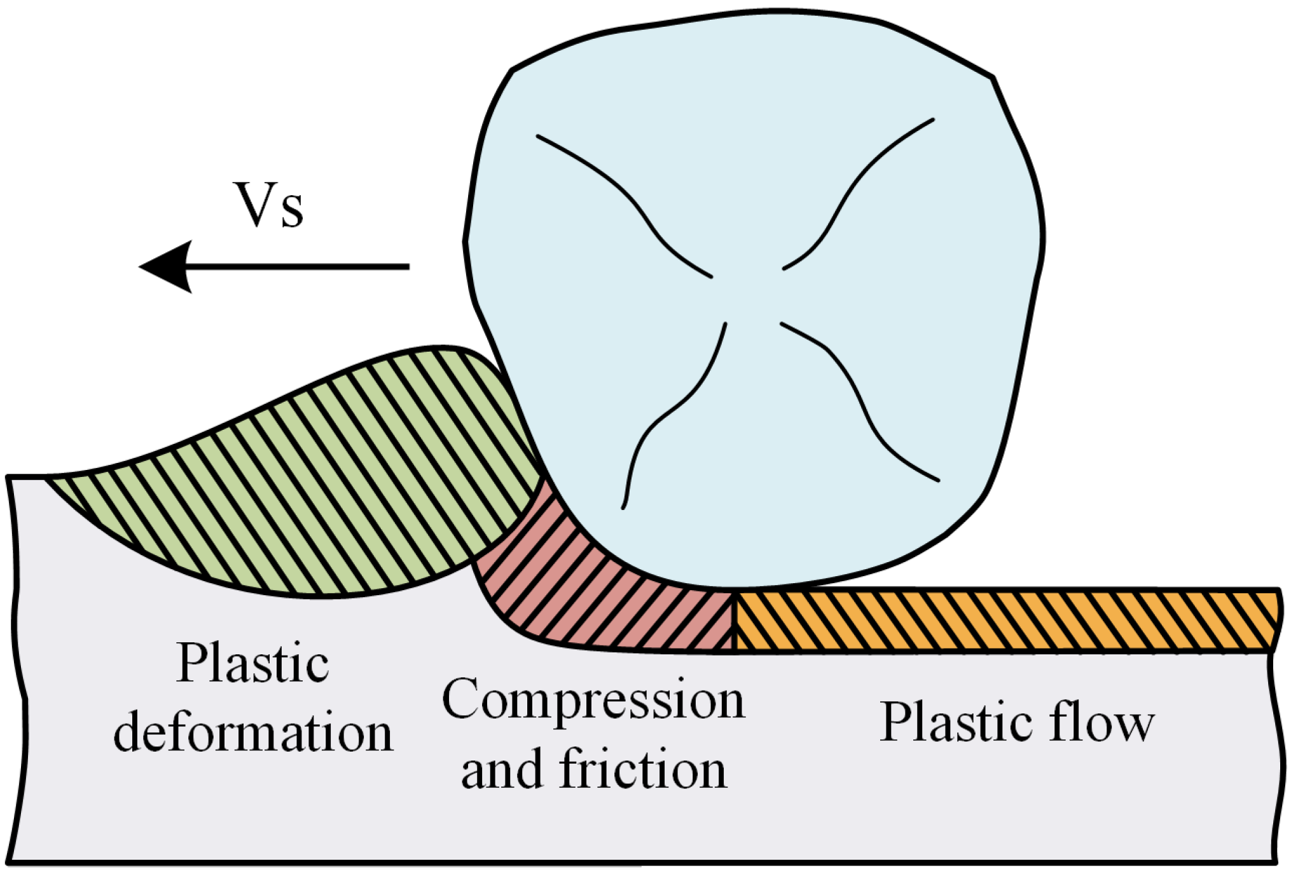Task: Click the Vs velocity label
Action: coord(269,205)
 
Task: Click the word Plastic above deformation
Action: coord(252,663)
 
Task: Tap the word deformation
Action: coord(253,733)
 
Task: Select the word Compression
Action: coord(593,700)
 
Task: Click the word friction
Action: coord(642,769)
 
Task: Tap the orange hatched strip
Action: coord(1005,619)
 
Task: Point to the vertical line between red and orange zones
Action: coord(733,621)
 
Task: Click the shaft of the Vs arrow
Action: coord(299,266)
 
